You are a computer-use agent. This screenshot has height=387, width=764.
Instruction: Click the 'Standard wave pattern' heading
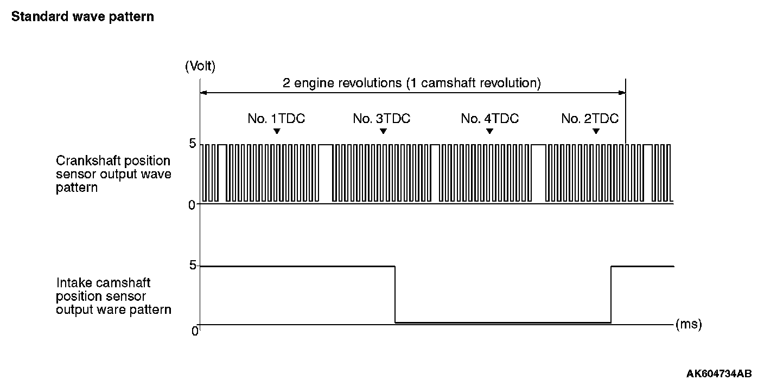click(82, 17)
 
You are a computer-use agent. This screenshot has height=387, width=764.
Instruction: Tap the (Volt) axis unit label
click(200, 67)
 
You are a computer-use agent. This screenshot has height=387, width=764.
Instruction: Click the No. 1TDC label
click(276, 119)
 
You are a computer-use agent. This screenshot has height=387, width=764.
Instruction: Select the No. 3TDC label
click(381, 119)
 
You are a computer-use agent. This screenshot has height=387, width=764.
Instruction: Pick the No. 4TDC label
click(489, 119)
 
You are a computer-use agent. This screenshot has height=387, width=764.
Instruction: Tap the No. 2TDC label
click(590, 119)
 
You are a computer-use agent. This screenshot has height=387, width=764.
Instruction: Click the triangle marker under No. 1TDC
click(277, 132)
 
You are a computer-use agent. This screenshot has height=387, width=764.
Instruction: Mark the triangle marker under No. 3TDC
click(384, 132)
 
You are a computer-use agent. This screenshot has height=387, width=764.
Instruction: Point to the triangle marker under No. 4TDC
click(489, 132)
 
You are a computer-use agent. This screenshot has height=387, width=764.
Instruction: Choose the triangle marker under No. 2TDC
click(596, 132)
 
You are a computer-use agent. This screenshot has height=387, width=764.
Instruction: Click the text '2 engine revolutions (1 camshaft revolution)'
click(412, 83)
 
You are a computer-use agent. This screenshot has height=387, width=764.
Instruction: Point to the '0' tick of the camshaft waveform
click(195, 331)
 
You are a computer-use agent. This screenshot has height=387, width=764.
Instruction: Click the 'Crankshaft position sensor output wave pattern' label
click(113, 174)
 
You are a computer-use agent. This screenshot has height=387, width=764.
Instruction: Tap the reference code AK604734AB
click(719, 373)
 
